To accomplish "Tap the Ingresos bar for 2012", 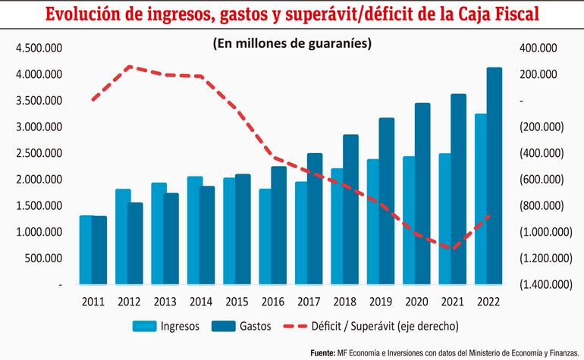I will click(123, 236).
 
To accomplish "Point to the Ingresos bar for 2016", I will click(265, 236).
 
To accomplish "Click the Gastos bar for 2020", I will click(422, 193).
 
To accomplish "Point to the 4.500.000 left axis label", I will click(39, 49).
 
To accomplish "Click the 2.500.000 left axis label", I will click(39, 153).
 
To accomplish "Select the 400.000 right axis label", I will click(536, 49).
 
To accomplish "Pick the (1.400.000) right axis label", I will click(541, 284).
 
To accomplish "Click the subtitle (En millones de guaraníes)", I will click(292, 44).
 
